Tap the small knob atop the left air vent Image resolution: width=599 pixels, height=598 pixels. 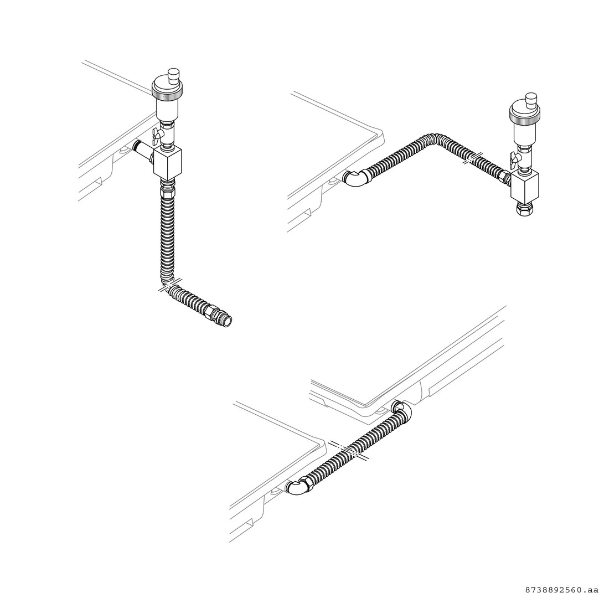(174, 74)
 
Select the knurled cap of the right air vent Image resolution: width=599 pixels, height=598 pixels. (524, 112)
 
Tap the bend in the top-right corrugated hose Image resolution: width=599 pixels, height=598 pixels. (436, 139)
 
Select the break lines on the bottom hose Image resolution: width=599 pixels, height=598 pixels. (349, 450)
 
